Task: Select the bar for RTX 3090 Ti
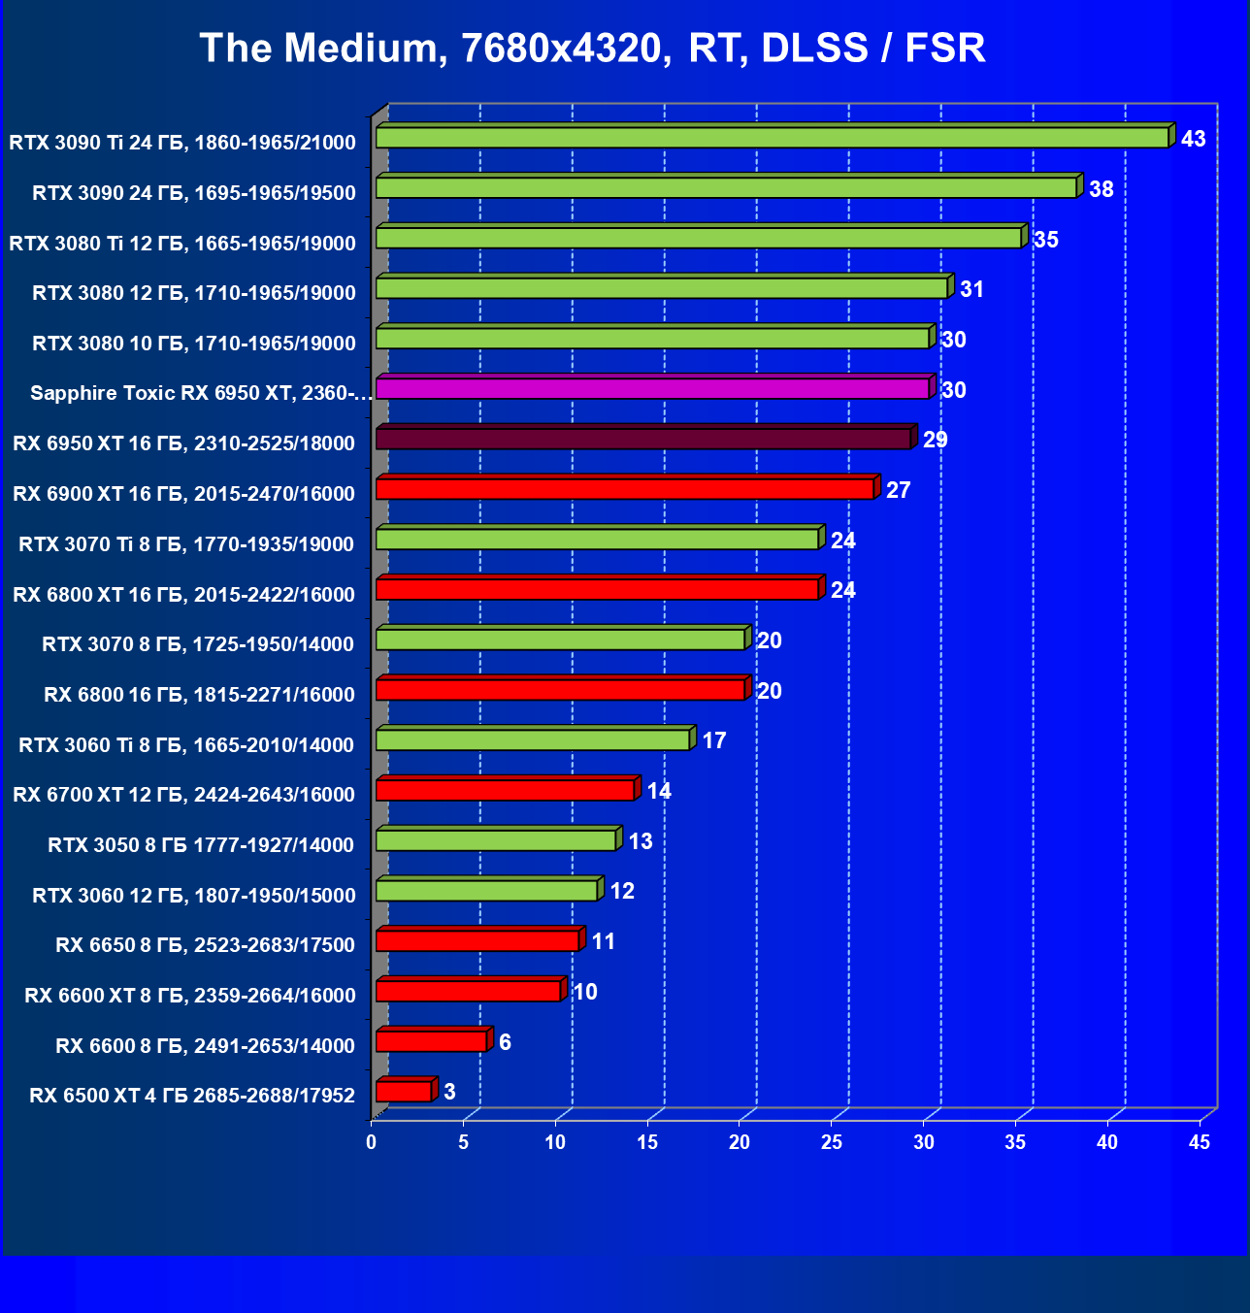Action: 772,138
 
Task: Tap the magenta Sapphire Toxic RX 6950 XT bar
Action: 652,388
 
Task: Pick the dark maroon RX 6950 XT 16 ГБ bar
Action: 642,439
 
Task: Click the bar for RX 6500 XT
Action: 404,1092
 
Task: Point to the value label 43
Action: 1193,139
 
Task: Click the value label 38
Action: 1101,189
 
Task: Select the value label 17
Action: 713,741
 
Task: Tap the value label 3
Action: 449,1092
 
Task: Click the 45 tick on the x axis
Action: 1200,1142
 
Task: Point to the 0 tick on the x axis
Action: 372,1142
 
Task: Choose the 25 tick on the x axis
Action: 832,1142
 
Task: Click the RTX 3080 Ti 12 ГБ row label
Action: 182,244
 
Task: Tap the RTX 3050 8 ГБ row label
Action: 201,845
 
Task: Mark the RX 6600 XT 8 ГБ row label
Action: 190,996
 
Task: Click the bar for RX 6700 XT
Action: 505,790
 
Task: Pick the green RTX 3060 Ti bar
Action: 533,739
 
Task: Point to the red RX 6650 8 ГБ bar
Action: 477,940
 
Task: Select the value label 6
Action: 505,1042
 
